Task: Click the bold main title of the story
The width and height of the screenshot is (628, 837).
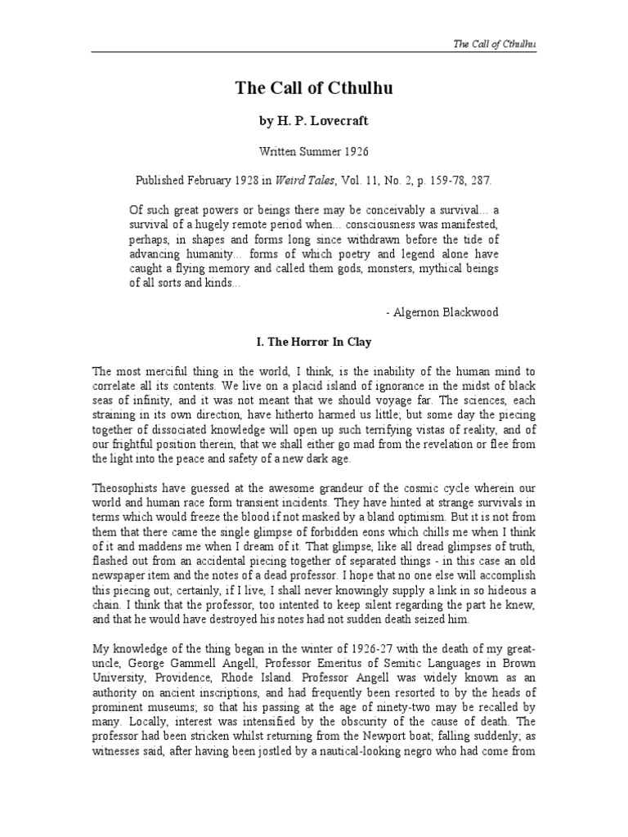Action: coord(313,89)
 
